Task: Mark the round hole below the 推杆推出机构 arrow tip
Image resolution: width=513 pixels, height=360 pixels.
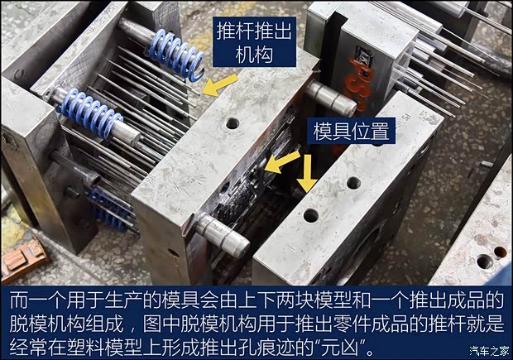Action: tap(233, 123)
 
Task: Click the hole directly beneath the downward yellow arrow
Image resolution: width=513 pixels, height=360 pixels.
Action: tap(310, 216)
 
